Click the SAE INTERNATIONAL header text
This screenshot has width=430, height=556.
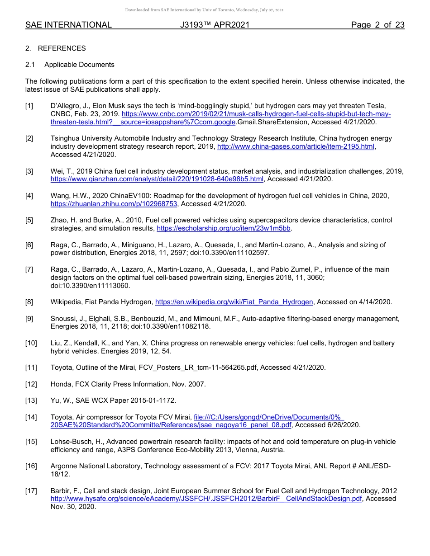coord(68,25)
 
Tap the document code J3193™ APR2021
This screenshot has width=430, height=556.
coord(215,25)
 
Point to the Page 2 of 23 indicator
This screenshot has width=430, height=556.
coord(377,25)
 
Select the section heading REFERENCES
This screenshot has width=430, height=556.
coord(62,48)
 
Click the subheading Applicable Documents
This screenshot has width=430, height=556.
coord(79,65)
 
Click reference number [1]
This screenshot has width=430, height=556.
coord(29,106)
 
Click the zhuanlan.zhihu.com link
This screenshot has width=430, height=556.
coord(115,204)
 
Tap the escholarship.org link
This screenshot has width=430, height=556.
coord(223,228)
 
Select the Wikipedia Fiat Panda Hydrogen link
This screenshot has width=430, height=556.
coord(234,302)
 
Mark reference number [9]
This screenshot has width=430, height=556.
coord(29,319)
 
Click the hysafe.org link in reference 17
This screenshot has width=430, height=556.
coord(206,499)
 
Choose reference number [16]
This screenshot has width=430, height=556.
coord(31,466)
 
